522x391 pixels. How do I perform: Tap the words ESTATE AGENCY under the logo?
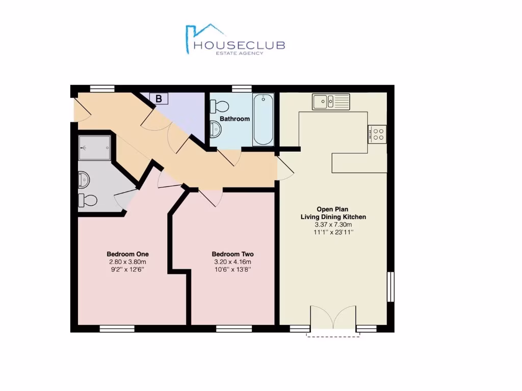point(240,53)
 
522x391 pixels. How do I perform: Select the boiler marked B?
point(159,99)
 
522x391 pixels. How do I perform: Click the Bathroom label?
point(234,119)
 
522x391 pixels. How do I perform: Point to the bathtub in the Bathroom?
point(263,119)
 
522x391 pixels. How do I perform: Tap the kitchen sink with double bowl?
point(331,101)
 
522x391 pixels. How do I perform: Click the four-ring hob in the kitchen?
point(377,134)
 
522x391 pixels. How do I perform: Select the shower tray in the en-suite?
point(95,148)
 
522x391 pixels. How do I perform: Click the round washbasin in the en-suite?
point(84,179)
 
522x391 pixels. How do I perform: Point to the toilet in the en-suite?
point(88,201)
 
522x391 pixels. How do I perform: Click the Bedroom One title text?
point(127,254)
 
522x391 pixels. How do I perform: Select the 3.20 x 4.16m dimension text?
point(232,262)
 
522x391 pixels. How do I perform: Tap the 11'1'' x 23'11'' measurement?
point(333,232)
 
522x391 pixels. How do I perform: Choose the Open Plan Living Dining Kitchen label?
point(333,213)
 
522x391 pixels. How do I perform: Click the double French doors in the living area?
point(333,318)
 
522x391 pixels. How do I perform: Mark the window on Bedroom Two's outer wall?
point(234,329)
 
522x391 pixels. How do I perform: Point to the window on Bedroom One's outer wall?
point(117,329)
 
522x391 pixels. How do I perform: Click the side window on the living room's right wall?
point(390,287)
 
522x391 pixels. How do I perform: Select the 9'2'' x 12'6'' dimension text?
point(127,269)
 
